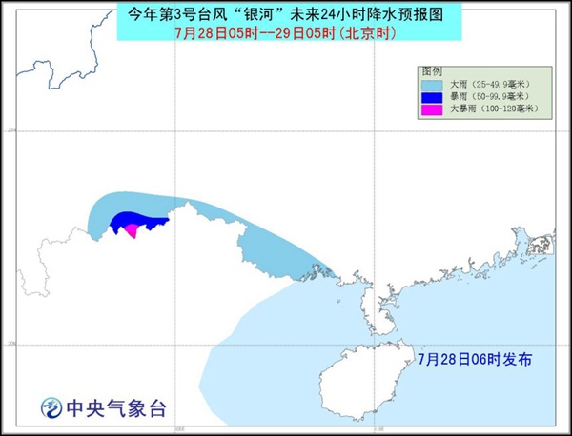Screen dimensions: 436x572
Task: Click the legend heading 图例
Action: coord(431,71)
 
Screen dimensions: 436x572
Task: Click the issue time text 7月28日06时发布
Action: coord(475,359)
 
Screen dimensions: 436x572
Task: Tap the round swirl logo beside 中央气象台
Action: coord(51,409)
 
